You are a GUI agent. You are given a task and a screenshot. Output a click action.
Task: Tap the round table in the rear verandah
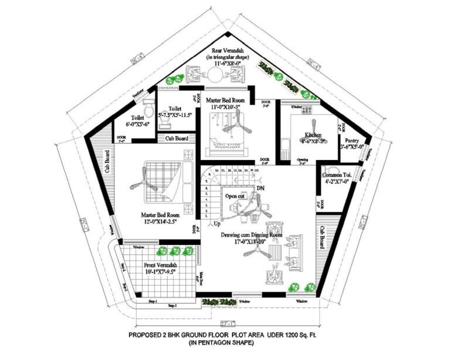click(x=216, y=74)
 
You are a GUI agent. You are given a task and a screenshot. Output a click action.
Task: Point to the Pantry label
click(x=352, y=141)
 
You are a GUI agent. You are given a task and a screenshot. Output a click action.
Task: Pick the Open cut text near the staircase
click(x=235, y=196)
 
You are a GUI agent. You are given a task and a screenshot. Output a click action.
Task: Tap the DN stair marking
click(x=261, y=188)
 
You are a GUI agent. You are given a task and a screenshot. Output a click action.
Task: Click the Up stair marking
click(x=217, y=224)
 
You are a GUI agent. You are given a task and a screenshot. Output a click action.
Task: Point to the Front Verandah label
click(x=160, y=266)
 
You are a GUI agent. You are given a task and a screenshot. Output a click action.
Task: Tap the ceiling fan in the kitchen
click(x=315, y=125)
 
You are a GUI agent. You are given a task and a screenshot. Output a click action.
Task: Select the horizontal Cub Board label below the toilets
click(x=176, y=138)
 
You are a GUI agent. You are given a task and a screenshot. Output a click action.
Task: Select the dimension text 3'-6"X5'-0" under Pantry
click(x=352, y=147)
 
